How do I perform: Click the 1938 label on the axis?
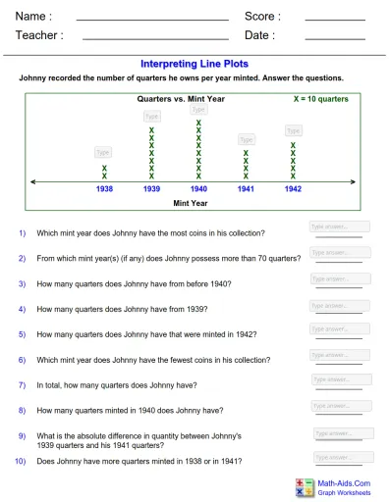pos(104,188)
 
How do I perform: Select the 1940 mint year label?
pos(198,188)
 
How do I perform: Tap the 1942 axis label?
pos(293,188)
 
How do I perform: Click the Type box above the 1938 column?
pos(103,152)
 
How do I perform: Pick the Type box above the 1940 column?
pos(198,111)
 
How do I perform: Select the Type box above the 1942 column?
pos(293,130)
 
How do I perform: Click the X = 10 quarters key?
pos(320,99)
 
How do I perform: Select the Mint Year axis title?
pos(191,203)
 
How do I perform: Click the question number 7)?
pos(22,385)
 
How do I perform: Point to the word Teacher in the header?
pos(39,35)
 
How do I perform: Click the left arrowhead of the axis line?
pos(34,180)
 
